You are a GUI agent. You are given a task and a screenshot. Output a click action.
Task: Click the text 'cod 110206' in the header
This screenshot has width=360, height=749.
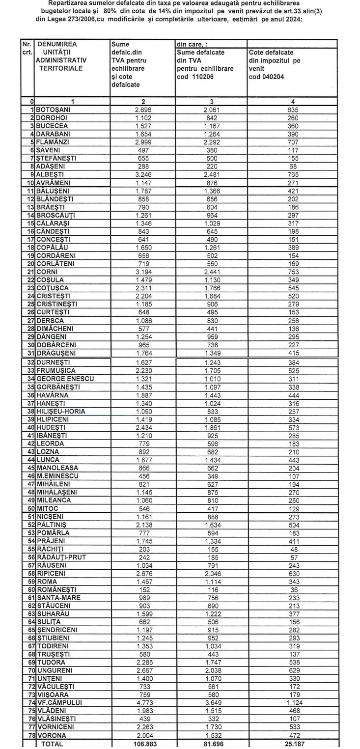tap(196, 77)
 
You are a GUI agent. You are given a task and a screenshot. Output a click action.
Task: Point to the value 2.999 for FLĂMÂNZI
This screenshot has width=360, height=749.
tap(142, 142)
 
